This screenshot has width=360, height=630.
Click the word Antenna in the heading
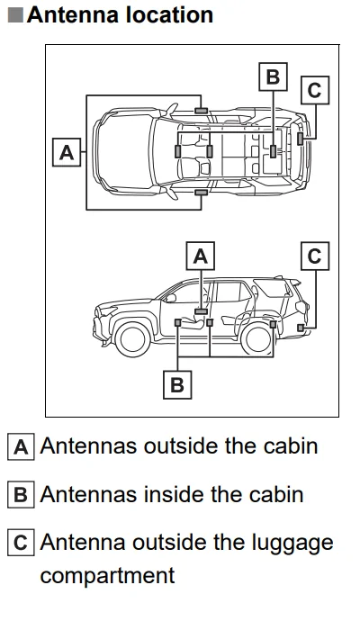pyautogui.click(x=73, y=15)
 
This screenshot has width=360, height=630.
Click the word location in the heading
pyautogui.click(x=168, y=15)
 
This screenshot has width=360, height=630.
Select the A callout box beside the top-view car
pyautogui.click(x=66, y=153)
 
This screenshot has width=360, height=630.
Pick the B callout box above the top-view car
pyautogui.click(x=272, y=76)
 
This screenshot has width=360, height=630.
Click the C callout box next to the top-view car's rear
pyautogui.click(x=313, y=90)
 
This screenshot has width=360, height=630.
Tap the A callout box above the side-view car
pyautogui.click(x=200, y=256)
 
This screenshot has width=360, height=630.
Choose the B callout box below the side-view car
pyautogui.click(x=177, y=385)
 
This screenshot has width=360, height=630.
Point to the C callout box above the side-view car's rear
pyautogui.click(x=313, y=256)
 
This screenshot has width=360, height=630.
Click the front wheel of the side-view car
pyautogui.click(x=133, y=338)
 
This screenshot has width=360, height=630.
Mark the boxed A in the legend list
pyautogui.click(x=22, y=446)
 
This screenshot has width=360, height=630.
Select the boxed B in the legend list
pyautogui.click(x=22, y=495)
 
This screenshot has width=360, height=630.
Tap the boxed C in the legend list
pyautogui.click(x=22, y=544)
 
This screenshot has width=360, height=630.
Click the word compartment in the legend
pyautogui.click(x=107, y=574)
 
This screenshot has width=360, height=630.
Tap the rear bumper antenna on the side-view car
pyautogui.click(x=300, y=327)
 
